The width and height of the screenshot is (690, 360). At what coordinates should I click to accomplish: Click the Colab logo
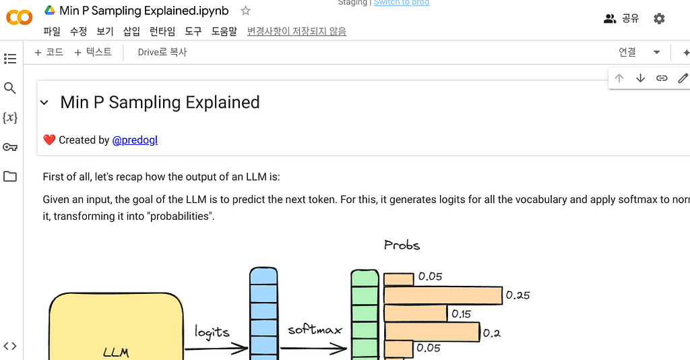19,17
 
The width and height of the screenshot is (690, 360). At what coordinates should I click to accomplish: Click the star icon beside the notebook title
245,11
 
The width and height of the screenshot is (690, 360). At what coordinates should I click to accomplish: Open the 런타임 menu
162,31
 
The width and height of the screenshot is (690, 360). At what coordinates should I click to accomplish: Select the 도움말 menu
224,31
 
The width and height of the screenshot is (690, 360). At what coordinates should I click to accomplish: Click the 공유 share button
621,18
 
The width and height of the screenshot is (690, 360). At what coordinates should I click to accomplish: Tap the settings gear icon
659,18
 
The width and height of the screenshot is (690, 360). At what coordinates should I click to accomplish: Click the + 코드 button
49,52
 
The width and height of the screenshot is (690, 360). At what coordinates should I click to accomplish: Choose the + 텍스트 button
93,52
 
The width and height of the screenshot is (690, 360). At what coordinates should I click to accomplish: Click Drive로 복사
162,52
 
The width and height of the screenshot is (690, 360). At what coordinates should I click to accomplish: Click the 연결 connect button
627,52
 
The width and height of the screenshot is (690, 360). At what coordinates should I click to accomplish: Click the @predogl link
135,140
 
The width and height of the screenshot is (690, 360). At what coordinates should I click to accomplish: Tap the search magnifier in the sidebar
10,88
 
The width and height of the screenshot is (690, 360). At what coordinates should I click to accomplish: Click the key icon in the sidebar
10,147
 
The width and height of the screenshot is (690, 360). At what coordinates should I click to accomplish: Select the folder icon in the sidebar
10,177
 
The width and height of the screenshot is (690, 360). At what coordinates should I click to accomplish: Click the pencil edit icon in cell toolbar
683,78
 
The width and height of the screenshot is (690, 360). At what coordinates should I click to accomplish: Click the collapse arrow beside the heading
44,102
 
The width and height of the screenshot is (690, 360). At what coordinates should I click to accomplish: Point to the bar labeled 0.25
443,295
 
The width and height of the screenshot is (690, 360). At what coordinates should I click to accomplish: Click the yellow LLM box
116,330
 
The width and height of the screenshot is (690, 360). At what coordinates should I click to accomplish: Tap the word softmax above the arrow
315,330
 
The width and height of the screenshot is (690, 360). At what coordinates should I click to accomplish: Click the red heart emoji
49,140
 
